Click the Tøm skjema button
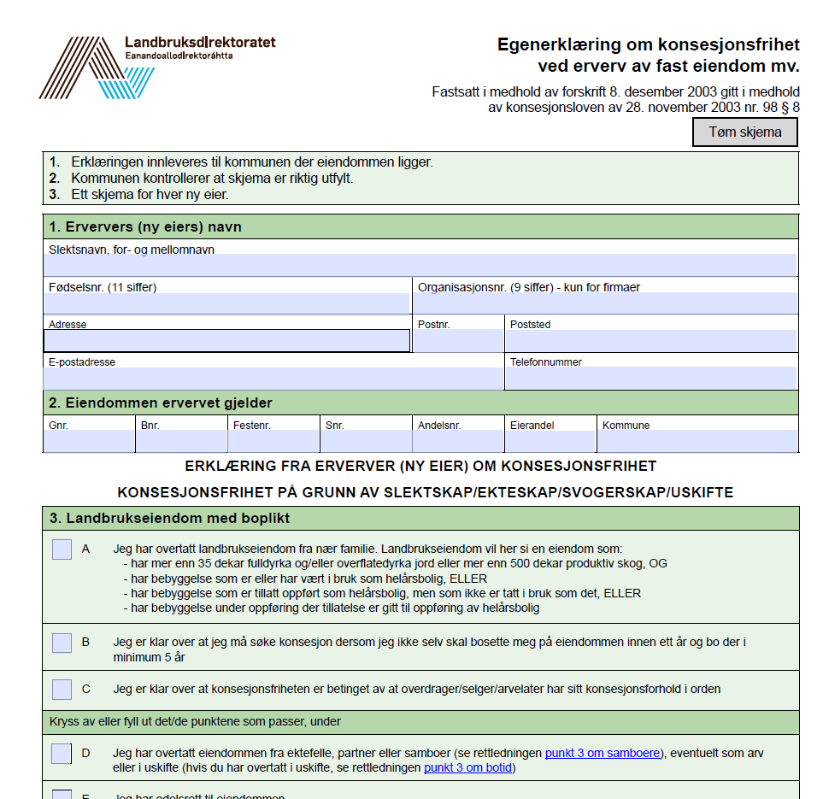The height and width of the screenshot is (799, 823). click(x=744, y=132)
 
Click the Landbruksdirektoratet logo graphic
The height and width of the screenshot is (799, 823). click(x=97, y=68)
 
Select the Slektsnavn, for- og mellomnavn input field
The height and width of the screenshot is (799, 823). click(x=420, y=265)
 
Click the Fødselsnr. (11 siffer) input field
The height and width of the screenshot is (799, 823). click(x=227, y=303)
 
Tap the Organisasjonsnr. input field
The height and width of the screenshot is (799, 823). click(x=606, y=303)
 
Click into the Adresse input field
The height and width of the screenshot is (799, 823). click(x=227, y=341)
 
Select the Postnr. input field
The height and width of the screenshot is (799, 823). click(x=459, y=341)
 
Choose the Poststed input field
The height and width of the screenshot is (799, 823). click(x=651, y=341)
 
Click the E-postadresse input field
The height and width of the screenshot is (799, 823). click(x=273, y=379)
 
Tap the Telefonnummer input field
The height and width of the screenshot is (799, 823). click(x=651, y=379)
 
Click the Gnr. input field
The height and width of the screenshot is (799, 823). click(x=89, y=441)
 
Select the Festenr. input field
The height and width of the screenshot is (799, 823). click(x=273, y=441)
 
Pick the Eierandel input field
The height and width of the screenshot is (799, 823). click(x=550, y=441)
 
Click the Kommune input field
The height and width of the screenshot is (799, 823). click(x=697, y=441)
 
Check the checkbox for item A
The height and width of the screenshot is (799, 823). click(x=62, y=549)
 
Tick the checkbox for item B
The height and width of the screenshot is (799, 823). click(x=62, y=643)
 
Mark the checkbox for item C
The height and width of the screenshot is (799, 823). click(x=62, y=689)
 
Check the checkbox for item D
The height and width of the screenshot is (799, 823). click(x=62, y=754)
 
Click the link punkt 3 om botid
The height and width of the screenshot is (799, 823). click(x=469, y=767)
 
